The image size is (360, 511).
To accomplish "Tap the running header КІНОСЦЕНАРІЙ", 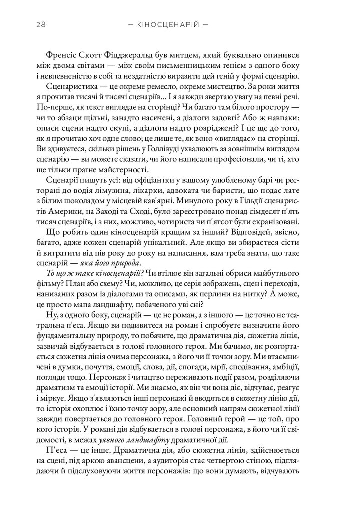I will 167,24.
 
